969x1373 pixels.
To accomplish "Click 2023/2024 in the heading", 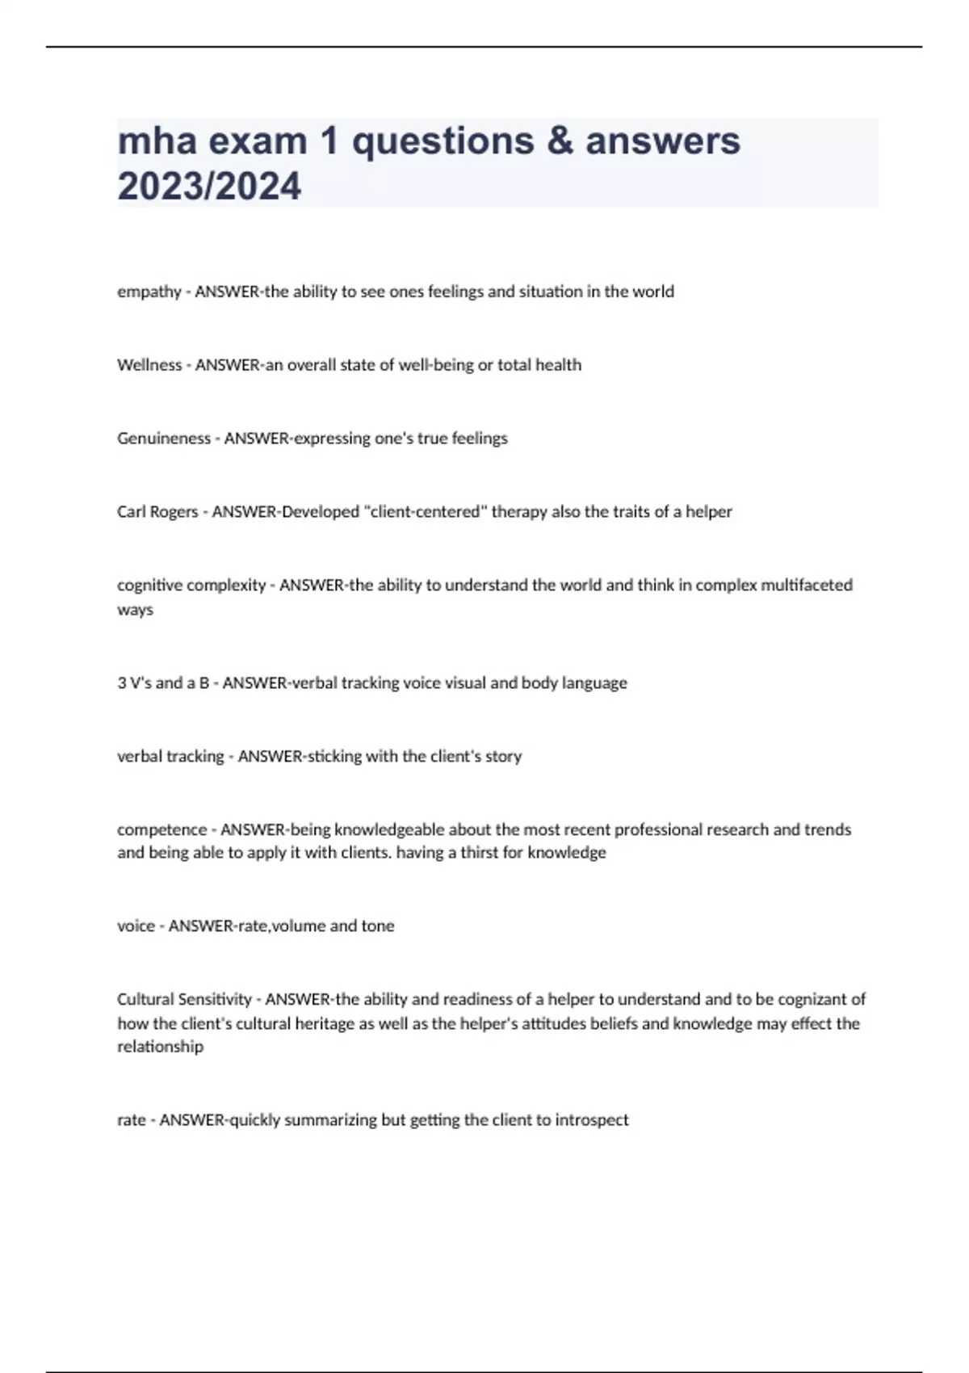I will coord(209,187).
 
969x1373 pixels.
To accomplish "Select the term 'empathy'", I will coord(149,292).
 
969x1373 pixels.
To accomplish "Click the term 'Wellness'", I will coord(149,365).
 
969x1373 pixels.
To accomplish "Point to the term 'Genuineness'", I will coord(164,439).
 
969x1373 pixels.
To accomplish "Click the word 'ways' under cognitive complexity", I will coord(135,610).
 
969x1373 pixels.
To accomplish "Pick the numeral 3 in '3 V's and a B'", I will coord(122,683).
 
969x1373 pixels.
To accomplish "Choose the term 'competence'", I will coord(161,829).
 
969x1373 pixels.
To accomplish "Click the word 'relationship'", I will coord(160,1047).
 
